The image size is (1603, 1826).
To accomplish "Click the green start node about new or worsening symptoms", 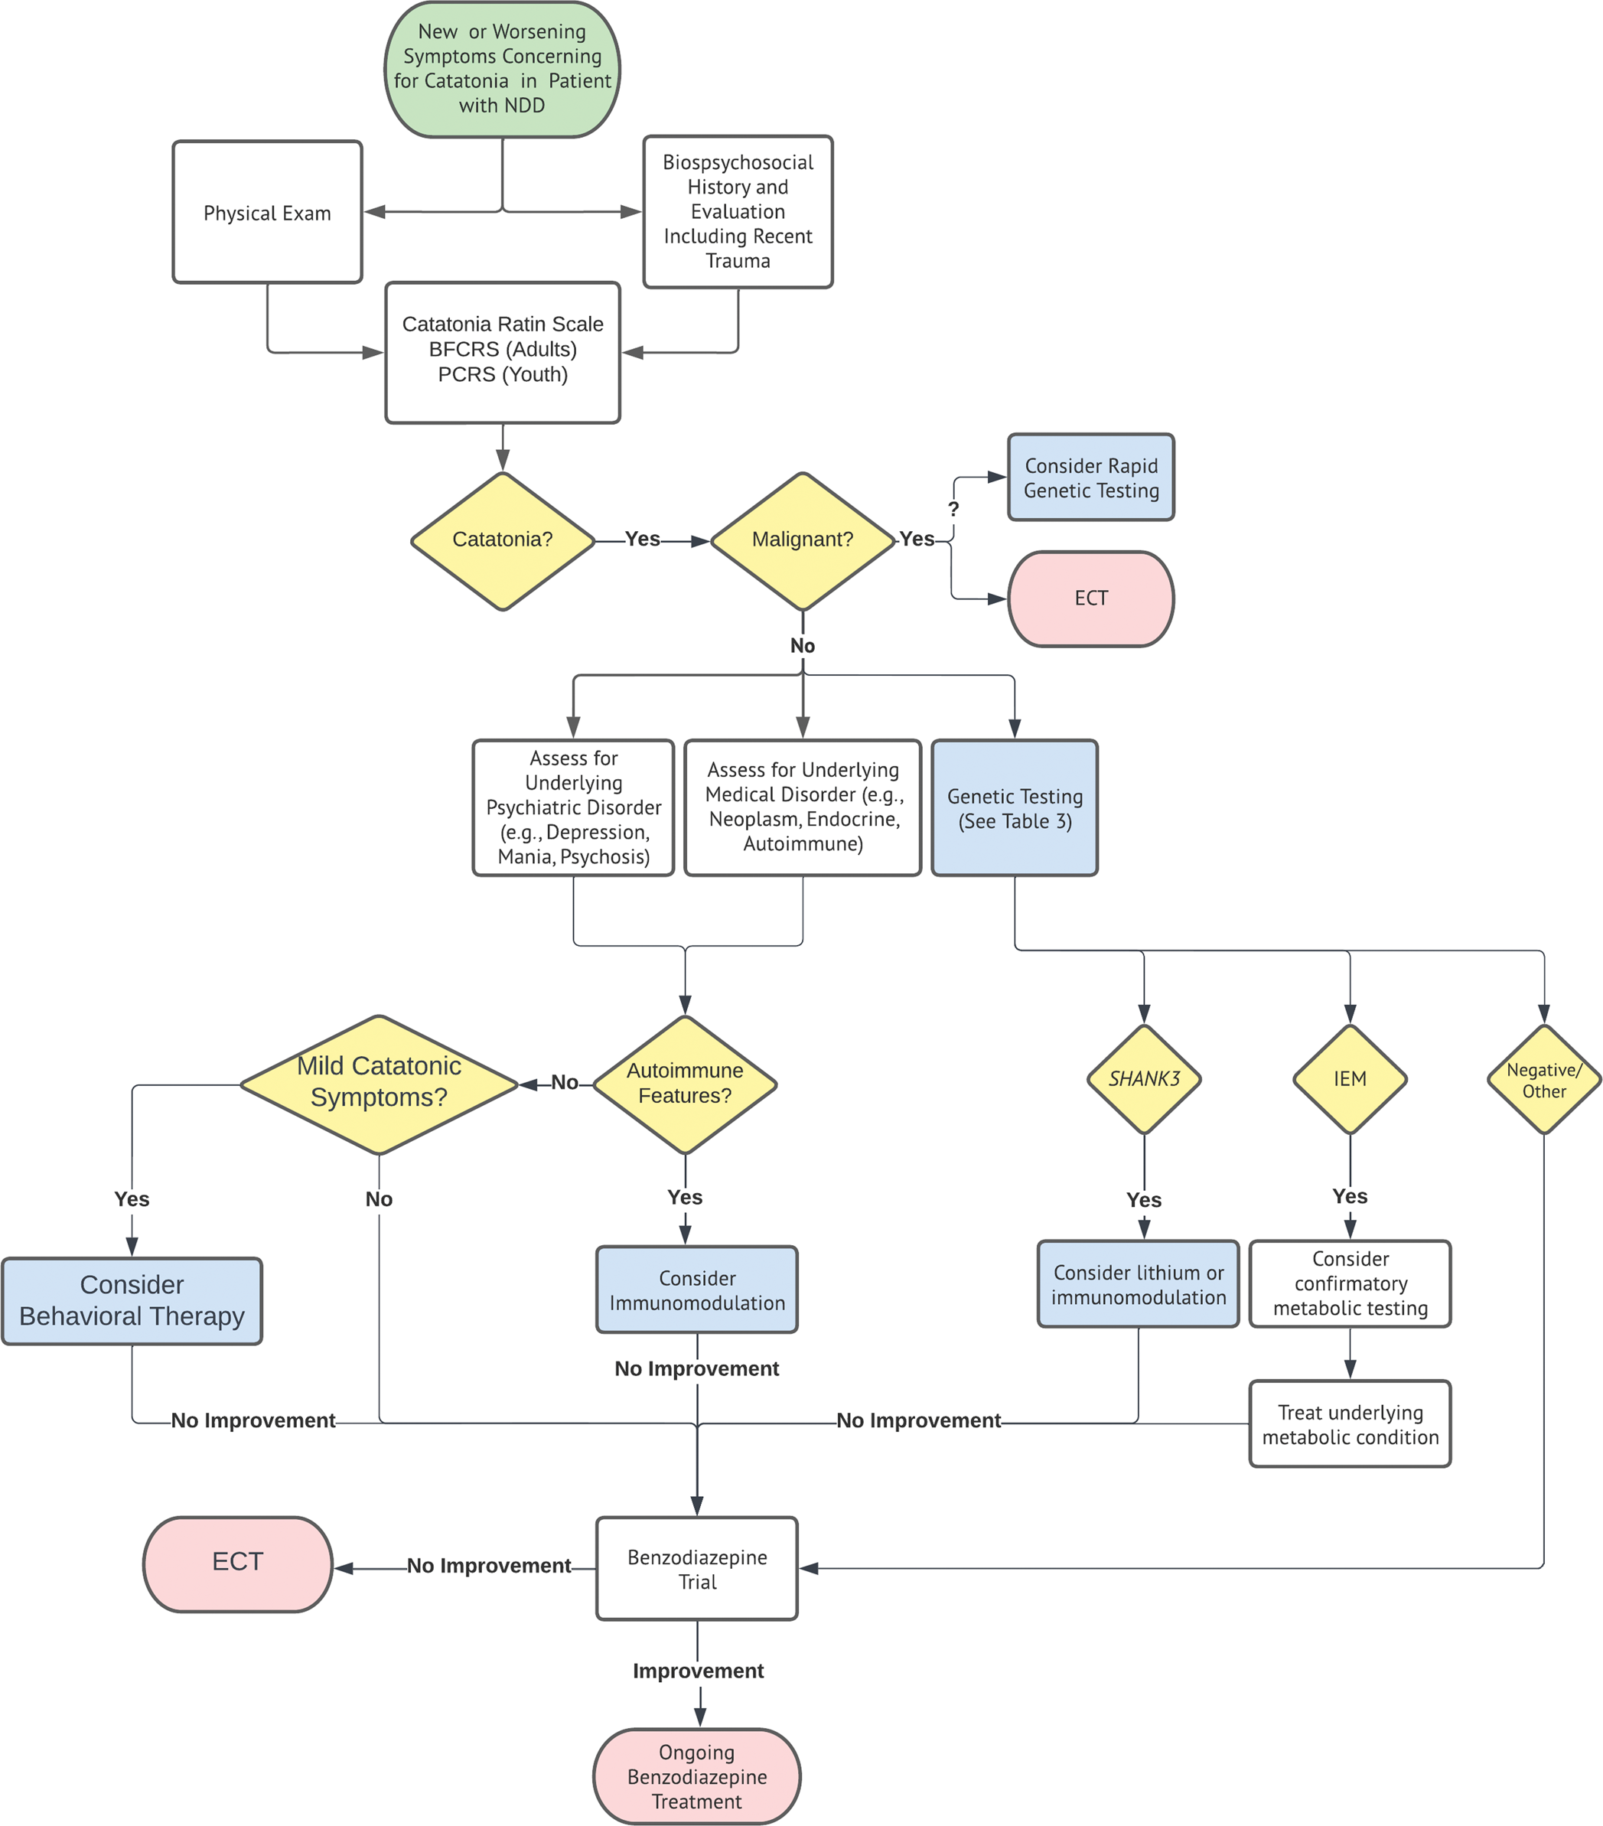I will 502,70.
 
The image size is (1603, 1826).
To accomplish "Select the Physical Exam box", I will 267,213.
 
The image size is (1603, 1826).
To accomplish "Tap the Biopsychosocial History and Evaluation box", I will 738,212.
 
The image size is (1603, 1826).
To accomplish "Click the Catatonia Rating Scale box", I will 502,352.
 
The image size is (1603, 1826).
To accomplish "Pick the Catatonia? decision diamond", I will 502,540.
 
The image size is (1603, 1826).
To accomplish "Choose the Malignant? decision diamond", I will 802,540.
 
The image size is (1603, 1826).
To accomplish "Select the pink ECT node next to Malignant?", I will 1090,598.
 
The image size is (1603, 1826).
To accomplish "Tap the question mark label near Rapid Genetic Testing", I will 953,509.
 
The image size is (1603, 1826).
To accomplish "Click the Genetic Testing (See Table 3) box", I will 1015,807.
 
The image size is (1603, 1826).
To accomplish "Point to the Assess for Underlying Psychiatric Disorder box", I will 573,807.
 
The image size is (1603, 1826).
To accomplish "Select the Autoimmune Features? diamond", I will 685,1084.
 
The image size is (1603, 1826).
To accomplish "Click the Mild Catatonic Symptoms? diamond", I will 379,1084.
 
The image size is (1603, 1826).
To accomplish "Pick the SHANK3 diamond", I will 1144,1079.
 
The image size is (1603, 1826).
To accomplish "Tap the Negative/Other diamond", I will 1543,1080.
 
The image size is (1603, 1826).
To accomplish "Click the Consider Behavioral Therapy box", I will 132,1301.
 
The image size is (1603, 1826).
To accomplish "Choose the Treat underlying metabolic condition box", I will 1350,1424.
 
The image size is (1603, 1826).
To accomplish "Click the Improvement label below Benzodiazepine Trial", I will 698,1671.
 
